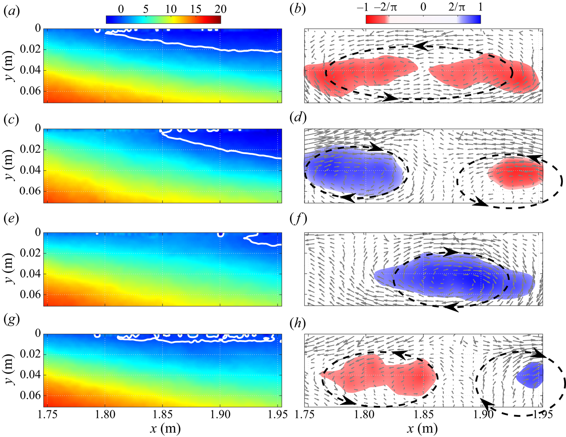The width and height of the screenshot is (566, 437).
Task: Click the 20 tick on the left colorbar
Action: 220,9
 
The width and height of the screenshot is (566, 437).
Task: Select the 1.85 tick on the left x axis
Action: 163,413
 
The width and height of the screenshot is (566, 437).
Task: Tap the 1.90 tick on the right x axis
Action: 483,413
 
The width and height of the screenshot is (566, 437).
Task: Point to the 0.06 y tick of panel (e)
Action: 31,295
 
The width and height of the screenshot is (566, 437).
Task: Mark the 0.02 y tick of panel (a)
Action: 31,50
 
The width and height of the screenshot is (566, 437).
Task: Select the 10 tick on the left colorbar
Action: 170,9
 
